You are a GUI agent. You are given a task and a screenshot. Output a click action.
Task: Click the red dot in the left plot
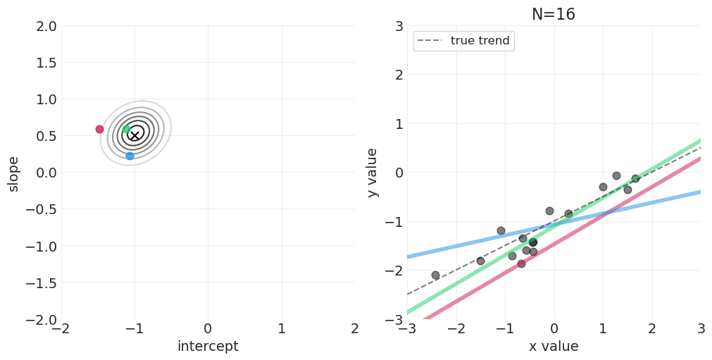[99, 129]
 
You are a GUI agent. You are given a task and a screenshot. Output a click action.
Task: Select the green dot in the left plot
[126, 129]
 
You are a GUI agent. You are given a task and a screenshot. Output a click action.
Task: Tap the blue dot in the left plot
[130, 156]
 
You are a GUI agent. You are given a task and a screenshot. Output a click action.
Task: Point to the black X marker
[135, 135]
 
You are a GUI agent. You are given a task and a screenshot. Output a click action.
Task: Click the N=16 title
[553, 15]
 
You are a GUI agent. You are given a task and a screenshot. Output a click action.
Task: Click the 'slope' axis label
[13, 173]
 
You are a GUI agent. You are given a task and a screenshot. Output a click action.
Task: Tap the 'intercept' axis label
[208, 347]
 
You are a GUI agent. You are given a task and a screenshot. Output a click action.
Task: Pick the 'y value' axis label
[373, 173]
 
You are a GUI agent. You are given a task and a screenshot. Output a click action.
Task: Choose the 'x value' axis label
[554, 347]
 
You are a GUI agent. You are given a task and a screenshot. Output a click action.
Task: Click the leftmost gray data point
[435, 275]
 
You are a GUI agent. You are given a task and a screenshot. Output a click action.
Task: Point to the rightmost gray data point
[635, 178]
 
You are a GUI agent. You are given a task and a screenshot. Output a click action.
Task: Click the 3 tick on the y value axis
[399, 26]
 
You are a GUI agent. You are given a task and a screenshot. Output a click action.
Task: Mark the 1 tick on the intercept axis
[281, 329]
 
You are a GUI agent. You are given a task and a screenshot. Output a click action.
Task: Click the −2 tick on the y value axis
[395, 271]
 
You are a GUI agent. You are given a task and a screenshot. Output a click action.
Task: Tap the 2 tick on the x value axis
[651, 329]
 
